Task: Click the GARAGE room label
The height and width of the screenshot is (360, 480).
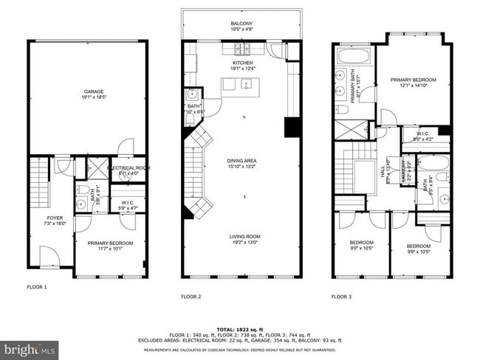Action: pyautogui.click(x=88, y=91)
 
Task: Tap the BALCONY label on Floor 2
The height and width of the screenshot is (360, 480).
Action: pyautogui.click(x=243, y=24)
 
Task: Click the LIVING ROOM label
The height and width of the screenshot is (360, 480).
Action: pyautogui.click(x=243, y=236)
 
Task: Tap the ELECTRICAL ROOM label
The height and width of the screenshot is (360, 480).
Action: pyautogui.click(x=128, y=168)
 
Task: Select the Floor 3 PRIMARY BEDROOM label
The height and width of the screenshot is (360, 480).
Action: pyautogui.click(x=413, y=80)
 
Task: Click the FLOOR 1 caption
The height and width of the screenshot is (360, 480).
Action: pyautogui.click(x=37, y=286)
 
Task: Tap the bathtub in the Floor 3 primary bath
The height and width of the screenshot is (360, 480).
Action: pyautogui.click(x=354, y=57)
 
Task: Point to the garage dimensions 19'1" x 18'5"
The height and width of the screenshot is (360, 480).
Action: pyautogui.click(x=88, y=97)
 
